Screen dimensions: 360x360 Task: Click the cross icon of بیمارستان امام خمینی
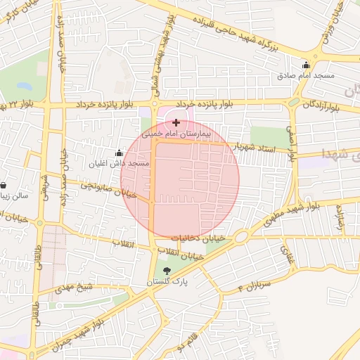[x=176, y=122]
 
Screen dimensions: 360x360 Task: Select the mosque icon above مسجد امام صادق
[x=306, y=65]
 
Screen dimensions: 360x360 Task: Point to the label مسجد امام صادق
[x=306, y=75]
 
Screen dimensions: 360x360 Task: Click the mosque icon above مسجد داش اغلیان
[x=118, y=153]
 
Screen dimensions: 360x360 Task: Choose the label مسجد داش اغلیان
[x=118, y=163]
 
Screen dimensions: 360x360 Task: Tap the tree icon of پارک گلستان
[x=167, y=271]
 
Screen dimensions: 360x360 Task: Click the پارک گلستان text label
[x=167, y=281]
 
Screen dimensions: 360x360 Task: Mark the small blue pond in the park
[x=25, y=86]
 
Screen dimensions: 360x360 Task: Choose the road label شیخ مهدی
[x=75, y=287]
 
